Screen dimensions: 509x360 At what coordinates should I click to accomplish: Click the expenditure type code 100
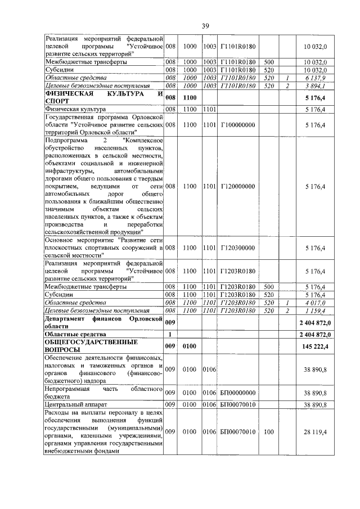(x=269, y=431)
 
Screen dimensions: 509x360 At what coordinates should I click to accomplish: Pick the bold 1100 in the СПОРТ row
(x=189, y=97)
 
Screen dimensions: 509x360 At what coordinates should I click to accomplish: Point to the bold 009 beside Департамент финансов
(x=171, y=322)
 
